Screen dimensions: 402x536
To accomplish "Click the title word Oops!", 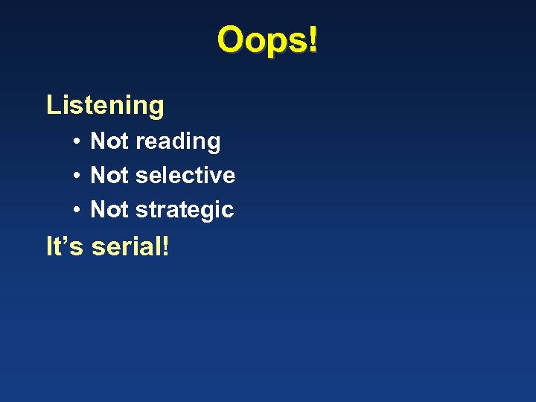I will pos(267,40).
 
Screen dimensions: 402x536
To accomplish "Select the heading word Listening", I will pos(105,105).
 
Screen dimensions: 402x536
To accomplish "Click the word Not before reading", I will pos(109,141).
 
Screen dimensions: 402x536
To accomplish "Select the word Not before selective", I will pos(109,175).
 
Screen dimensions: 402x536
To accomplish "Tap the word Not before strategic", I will pos(109,209).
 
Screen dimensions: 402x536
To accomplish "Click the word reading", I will pos(178,142).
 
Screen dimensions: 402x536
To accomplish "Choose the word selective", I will pos(185,175).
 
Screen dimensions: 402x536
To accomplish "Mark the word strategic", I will pos(185,211).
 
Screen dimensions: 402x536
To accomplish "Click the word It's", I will pos(65,246).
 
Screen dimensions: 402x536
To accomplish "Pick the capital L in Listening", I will pos(52,105).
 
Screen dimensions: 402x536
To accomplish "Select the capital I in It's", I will pos(49,246).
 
